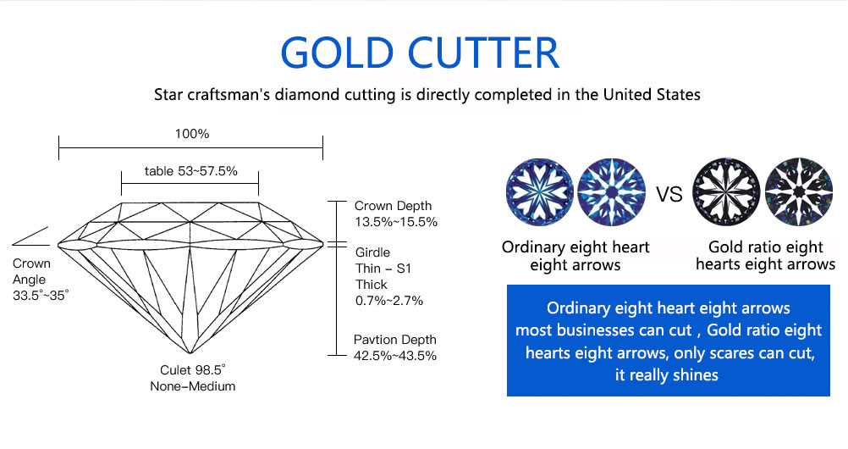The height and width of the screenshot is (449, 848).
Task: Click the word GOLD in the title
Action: point(336,53)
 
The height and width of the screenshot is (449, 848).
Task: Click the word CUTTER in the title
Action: point(483,53)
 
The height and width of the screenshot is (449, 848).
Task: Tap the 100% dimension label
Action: point(192,134)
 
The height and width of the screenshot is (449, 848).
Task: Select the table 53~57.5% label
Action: point(191,171)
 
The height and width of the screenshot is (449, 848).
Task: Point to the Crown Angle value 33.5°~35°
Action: point(41,296)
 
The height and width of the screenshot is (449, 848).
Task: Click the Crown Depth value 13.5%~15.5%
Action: point(396,222)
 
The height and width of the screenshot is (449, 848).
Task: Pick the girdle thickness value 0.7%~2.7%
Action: point(388,301)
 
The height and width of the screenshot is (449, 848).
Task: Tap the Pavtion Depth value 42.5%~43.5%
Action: point(394,356)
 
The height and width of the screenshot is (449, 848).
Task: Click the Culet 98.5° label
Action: point(192,370)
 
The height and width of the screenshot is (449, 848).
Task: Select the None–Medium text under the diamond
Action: point(192,386)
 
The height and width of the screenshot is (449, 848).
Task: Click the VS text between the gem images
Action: point(669,194)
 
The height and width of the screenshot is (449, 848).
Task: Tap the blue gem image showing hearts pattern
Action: point(540,191)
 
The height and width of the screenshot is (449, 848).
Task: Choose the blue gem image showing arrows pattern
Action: point(612,191)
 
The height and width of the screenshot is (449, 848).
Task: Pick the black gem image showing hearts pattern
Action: point(726,191)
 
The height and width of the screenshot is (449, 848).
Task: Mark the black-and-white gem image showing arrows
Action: point(799,191)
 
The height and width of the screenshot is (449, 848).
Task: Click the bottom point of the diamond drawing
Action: point(190,353)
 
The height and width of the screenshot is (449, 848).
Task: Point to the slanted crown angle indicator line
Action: point(30,236)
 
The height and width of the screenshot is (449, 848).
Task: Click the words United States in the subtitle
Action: point(652,95)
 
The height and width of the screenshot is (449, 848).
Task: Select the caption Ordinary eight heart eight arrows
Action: point(575,256)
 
